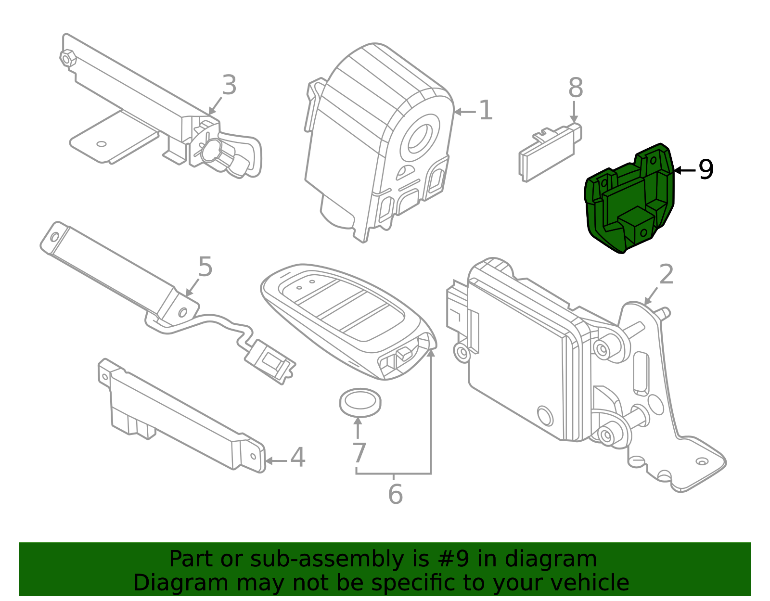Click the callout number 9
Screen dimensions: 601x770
tap(706, 170)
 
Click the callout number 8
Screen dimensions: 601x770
tap(575, 89)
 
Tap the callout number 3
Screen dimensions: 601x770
tap(229, 86)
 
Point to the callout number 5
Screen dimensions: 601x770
tap(205, 267)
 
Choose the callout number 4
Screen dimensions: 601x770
tap(297, 458)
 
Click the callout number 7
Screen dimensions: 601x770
tap(359, 453)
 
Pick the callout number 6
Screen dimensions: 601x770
tap(395, 494)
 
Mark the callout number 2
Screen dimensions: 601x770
tap(666, 275)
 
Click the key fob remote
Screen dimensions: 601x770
tap(346, 318)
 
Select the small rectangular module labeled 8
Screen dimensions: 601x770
tap(549, 154)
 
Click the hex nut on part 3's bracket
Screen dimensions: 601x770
tap(68, 58)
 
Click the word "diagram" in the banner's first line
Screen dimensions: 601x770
tap(568, 559)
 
